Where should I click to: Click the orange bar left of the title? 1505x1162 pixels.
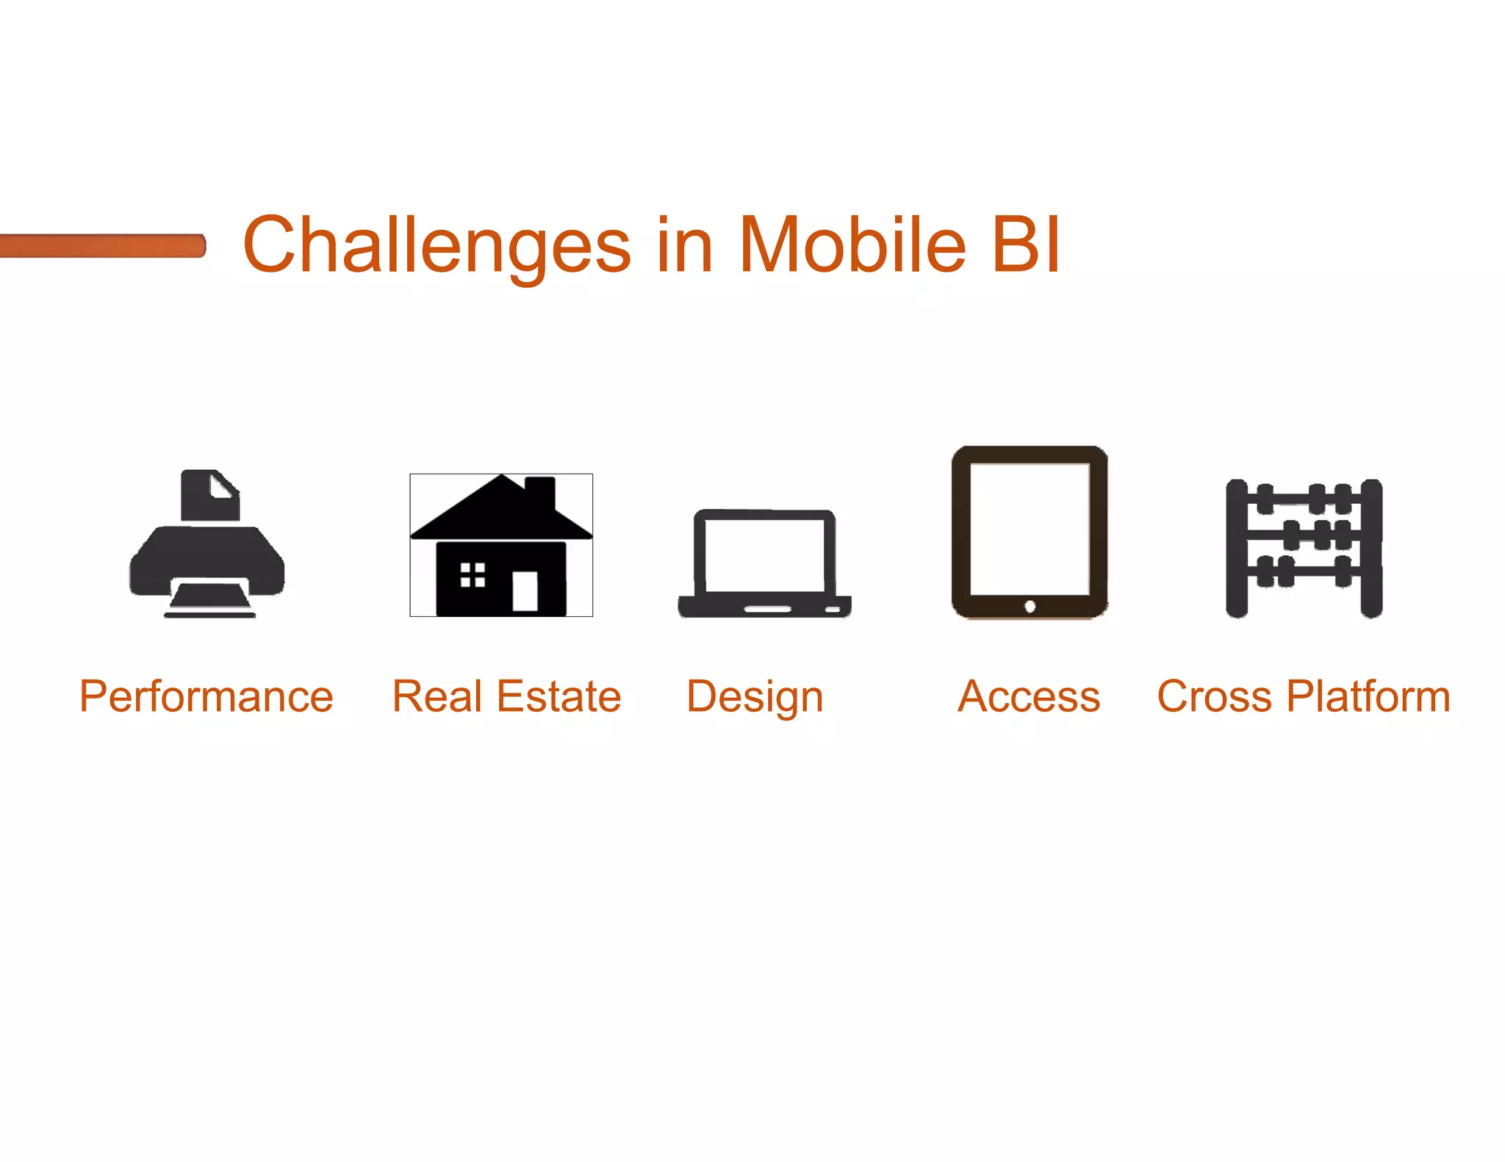tap(103, 245)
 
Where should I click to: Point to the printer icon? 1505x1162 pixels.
tap(206, 558)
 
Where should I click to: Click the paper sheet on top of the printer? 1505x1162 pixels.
tap(211, 496)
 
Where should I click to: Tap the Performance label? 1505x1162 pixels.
tap(206, 696)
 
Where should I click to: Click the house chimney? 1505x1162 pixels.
tap(540, 494)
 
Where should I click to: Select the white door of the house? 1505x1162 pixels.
tap(525, 591)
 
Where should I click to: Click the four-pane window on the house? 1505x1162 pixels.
tap(473, 574)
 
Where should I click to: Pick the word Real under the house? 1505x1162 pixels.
tap(437, 696)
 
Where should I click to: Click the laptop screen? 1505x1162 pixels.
tap(764, 555)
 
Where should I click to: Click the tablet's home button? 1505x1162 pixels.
tap(1030, 606)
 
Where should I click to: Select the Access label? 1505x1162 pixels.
tap(1029, 696)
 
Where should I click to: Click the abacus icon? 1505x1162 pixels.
tap(1304, 547)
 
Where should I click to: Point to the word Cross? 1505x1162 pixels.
tap(1214, 696)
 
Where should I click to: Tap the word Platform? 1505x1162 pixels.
tap(1369, 696)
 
